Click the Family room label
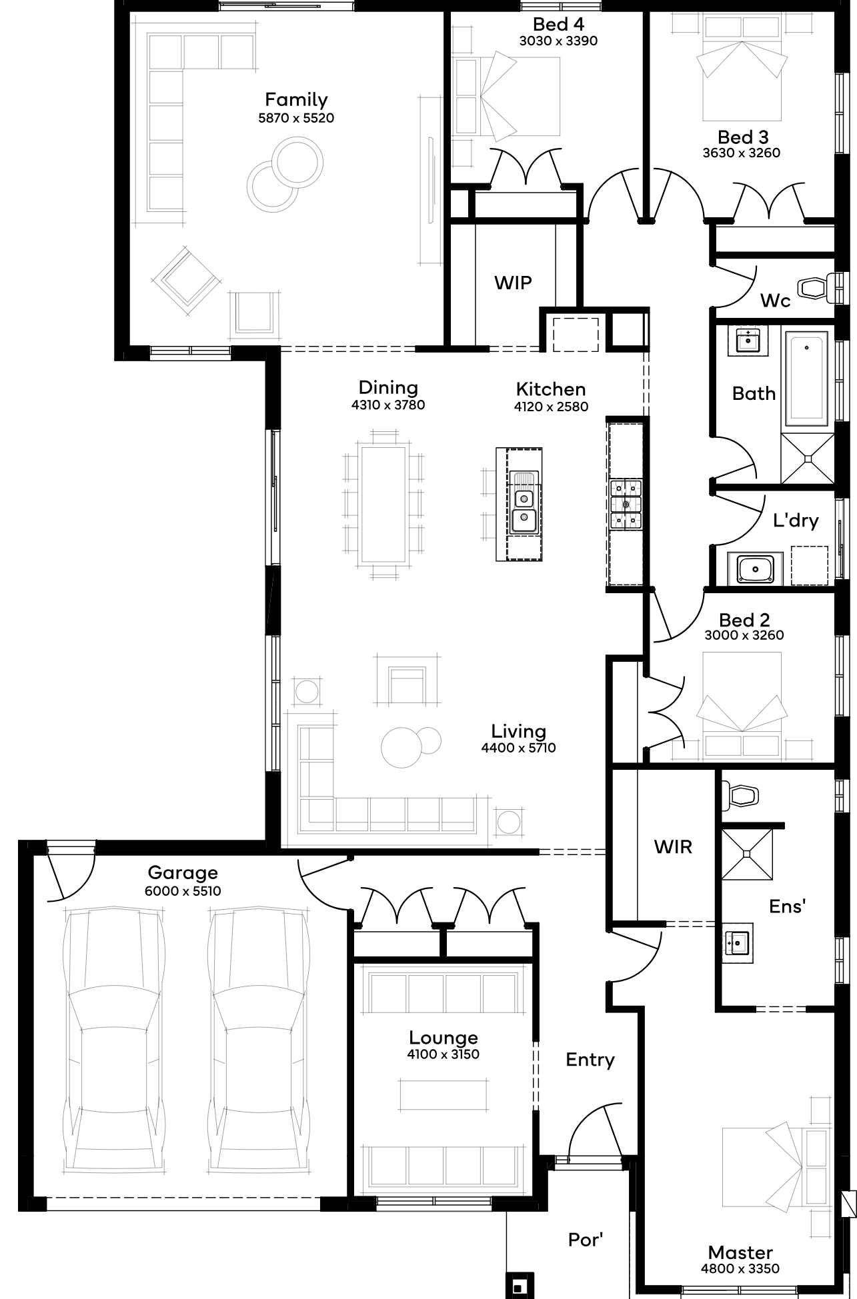(296, 100)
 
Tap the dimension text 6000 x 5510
(183, 891)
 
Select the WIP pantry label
(513, 283)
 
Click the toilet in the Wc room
(819, 288)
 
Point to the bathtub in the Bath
(806, 379)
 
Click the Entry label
(590, 1060)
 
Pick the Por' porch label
(586, 1239)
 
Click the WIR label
(673, 847)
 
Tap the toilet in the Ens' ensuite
(742, 794)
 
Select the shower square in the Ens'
(748, 853)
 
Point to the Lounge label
(444, 1038)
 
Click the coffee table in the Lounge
(444, 1095)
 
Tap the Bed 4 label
(559, 25)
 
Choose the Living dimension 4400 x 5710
(519, 748)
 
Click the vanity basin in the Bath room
(748, 341)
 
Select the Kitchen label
(551, 389)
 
